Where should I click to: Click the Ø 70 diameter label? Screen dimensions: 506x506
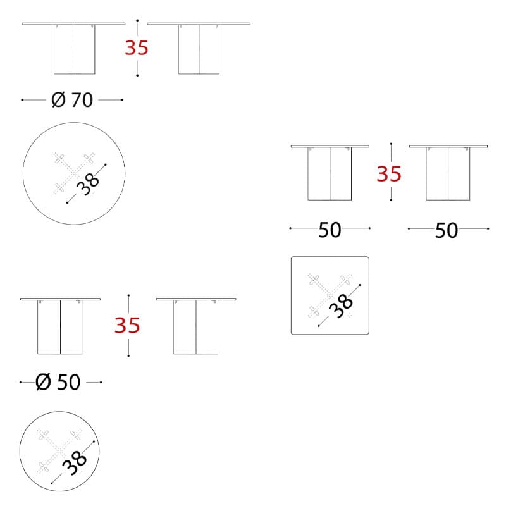click(72, 100)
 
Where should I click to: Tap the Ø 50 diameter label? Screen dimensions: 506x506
click(58, 382)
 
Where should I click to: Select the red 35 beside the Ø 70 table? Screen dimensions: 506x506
click(137, 48)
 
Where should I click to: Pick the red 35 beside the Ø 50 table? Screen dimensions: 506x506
click(128, 325)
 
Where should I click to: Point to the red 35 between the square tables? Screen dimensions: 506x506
click(389, 173)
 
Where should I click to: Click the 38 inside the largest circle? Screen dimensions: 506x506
click(88, 184)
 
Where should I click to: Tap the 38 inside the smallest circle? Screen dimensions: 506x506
click(74, 462)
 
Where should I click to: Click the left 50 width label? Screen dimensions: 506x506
click(330, 230)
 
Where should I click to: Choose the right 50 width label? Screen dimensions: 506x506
click(447, 230)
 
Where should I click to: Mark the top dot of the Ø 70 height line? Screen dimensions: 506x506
click(137, 20)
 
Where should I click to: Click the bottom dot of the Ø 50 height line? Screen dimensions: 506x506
click(128, 355)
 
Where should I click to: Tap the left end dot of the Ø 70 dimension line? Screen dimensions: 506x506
click(22, 100)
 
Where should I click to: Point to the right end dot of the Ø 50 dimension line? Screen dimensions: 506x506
click(101, 382)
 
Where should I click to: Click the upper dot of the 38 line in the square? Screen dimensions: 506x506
click(360, 285)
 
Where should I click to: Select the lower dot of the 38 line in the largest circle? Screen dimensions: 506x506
click(67, 202)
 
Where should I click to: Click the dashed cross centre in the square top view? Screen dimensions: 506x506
click(330, 295)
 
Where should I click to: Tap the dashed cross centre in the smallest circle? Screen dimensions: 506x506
click(59, 451)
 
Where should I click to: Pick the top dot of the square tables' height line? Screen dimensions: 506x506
click(391, 144)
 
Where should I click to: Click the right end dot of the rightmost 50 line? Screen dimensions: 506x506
click(488, 228)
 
